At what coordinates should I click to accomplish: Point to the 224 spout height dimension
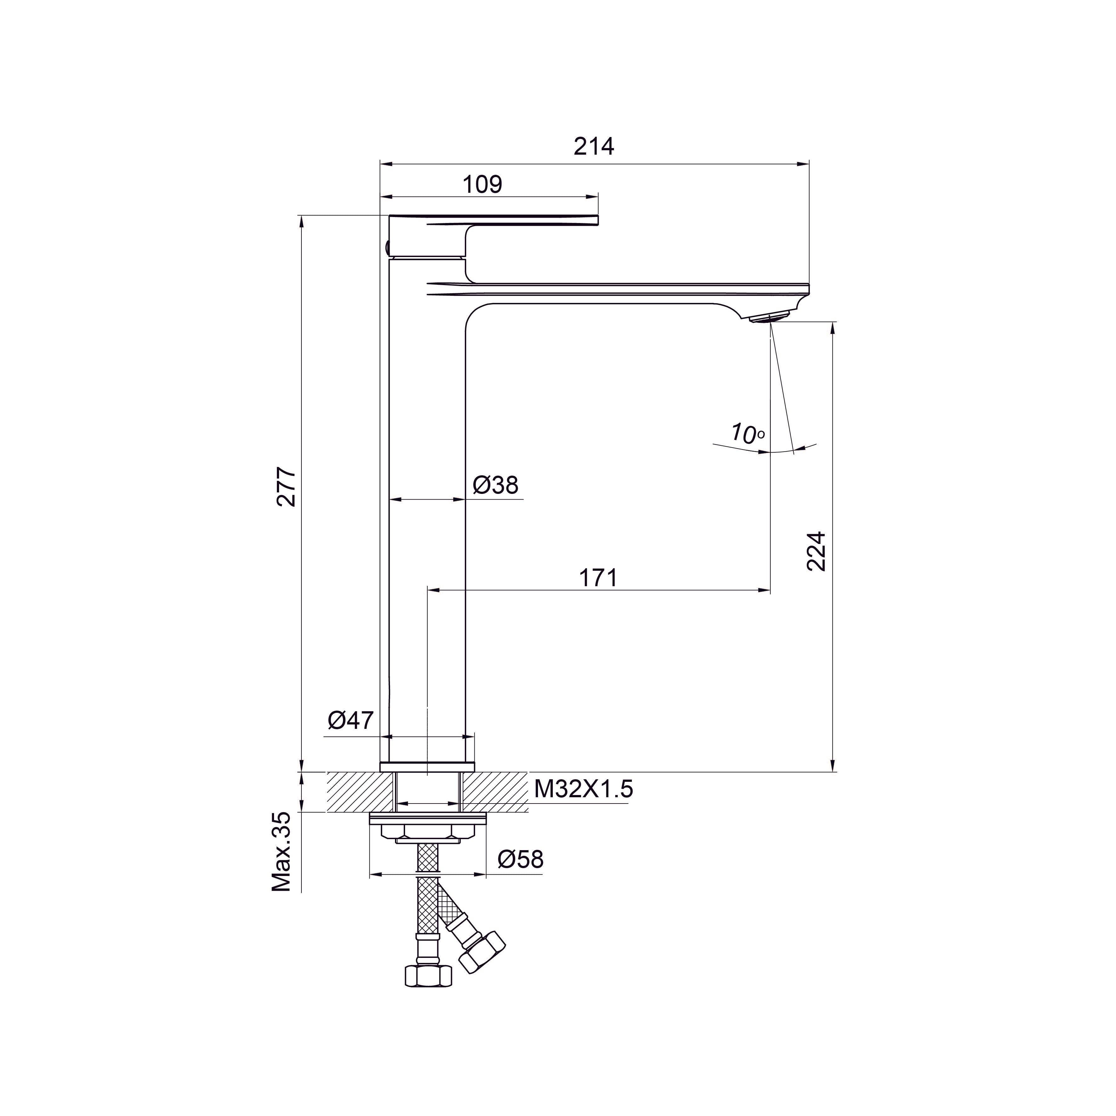click(816, 552)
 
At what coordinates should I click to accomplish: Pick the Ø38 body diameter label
click(495, 485)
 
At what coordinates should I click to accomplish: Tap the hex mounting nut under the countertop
click(427, 832)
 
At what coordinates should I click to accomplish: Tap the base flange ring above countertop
click(427, 767)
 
